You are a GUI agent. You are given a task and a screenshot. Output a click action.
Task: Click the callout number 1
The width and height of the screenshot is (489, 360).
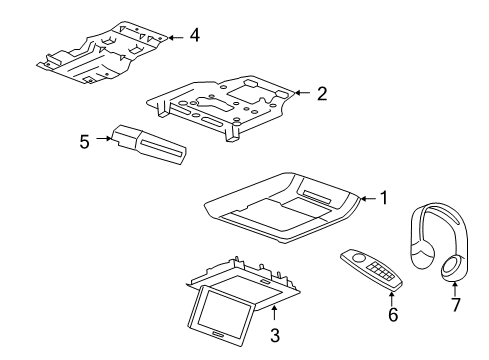[x=384, y=198]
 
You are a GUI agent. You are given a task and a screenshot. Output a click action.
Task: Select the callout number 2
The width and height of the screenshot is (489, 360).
[x=322, y=94]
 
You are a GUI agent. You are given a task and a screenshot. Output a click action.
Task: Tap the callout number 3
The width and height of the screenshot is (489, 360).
[x=275, y=335]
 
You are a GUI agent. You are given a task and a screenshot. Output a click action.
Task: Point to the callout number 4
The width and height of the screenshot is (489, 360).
[x=195, y=35]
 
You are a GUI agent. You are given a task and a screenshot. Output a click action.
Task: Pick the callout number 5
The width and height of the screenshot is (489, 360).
[x=85, y=141]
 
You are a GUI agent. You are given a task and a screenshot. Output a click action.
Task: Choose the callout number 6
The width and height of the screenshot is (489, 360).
[x=393, y=314]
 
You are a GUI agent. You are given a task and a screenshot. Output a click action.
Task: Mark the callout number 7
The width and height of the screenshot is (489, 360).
[x=455, y=304]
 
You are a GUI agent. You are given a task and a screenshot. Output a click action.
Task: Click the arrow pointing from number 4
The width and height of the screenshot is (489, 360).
[x=176, y=38]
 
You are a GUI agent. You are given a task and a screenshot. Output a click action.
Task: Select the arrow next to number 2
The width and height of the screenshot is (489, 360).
[x=302, y=93]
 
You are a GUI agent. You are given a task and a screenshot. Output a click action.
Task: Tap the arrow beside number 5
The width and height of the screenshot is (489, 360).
[x=104, y=138]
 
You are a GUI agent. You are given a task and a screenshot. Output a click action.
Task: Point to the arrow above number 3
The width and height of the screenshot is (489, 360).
[x=274, y=313]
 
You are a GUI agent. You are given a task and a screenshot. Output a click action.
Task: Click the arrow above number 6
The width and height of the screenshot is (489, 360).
[x=392, y=298]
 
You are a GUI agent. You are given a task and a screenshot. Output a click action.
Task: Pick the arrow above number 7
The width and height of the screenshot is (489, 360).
[x=454, y=289]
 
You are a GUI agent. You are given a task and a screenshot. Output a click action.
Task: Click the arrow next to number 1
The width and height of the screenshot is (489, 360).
[x=369, y=199]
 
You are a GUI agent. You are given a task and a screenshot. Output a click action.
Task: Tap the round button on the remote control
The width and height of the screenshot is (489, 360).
[x=359, y=258]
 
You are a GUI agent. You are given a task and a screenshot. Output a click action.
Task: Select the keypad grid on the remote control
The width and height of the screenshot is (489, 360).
[x=378, y=269]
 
